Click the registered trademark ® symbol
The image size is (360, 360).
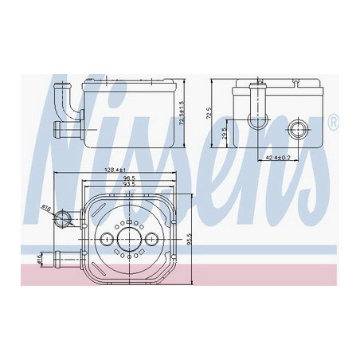(332, 123)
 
